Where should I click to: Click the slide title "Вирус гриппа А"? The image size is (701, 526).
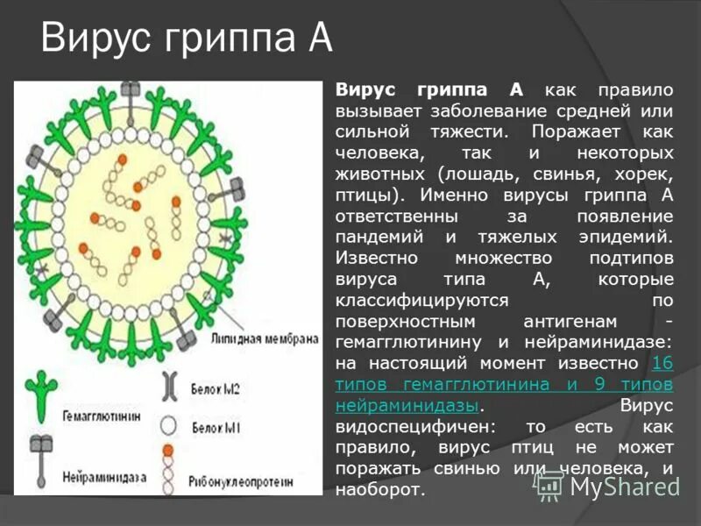pyautogui.click(x=187, y=40)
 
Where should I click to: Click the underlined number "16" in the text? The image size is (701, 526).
pyautogui.click(x=662, y=363)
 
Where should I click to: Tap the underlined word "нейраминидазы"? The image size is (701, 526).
pyautogui.click(x=407, y=406)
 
